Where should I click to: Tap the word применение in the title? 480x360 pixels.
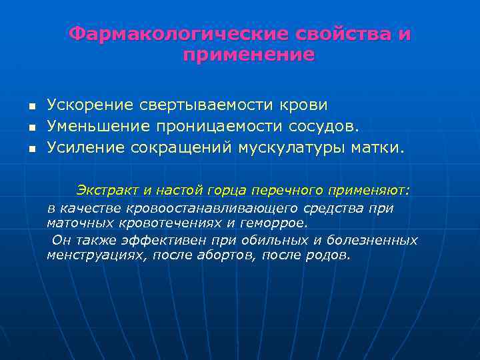coord(248,55)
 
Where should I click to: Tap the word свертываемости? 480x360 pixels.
coord(205,105)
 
